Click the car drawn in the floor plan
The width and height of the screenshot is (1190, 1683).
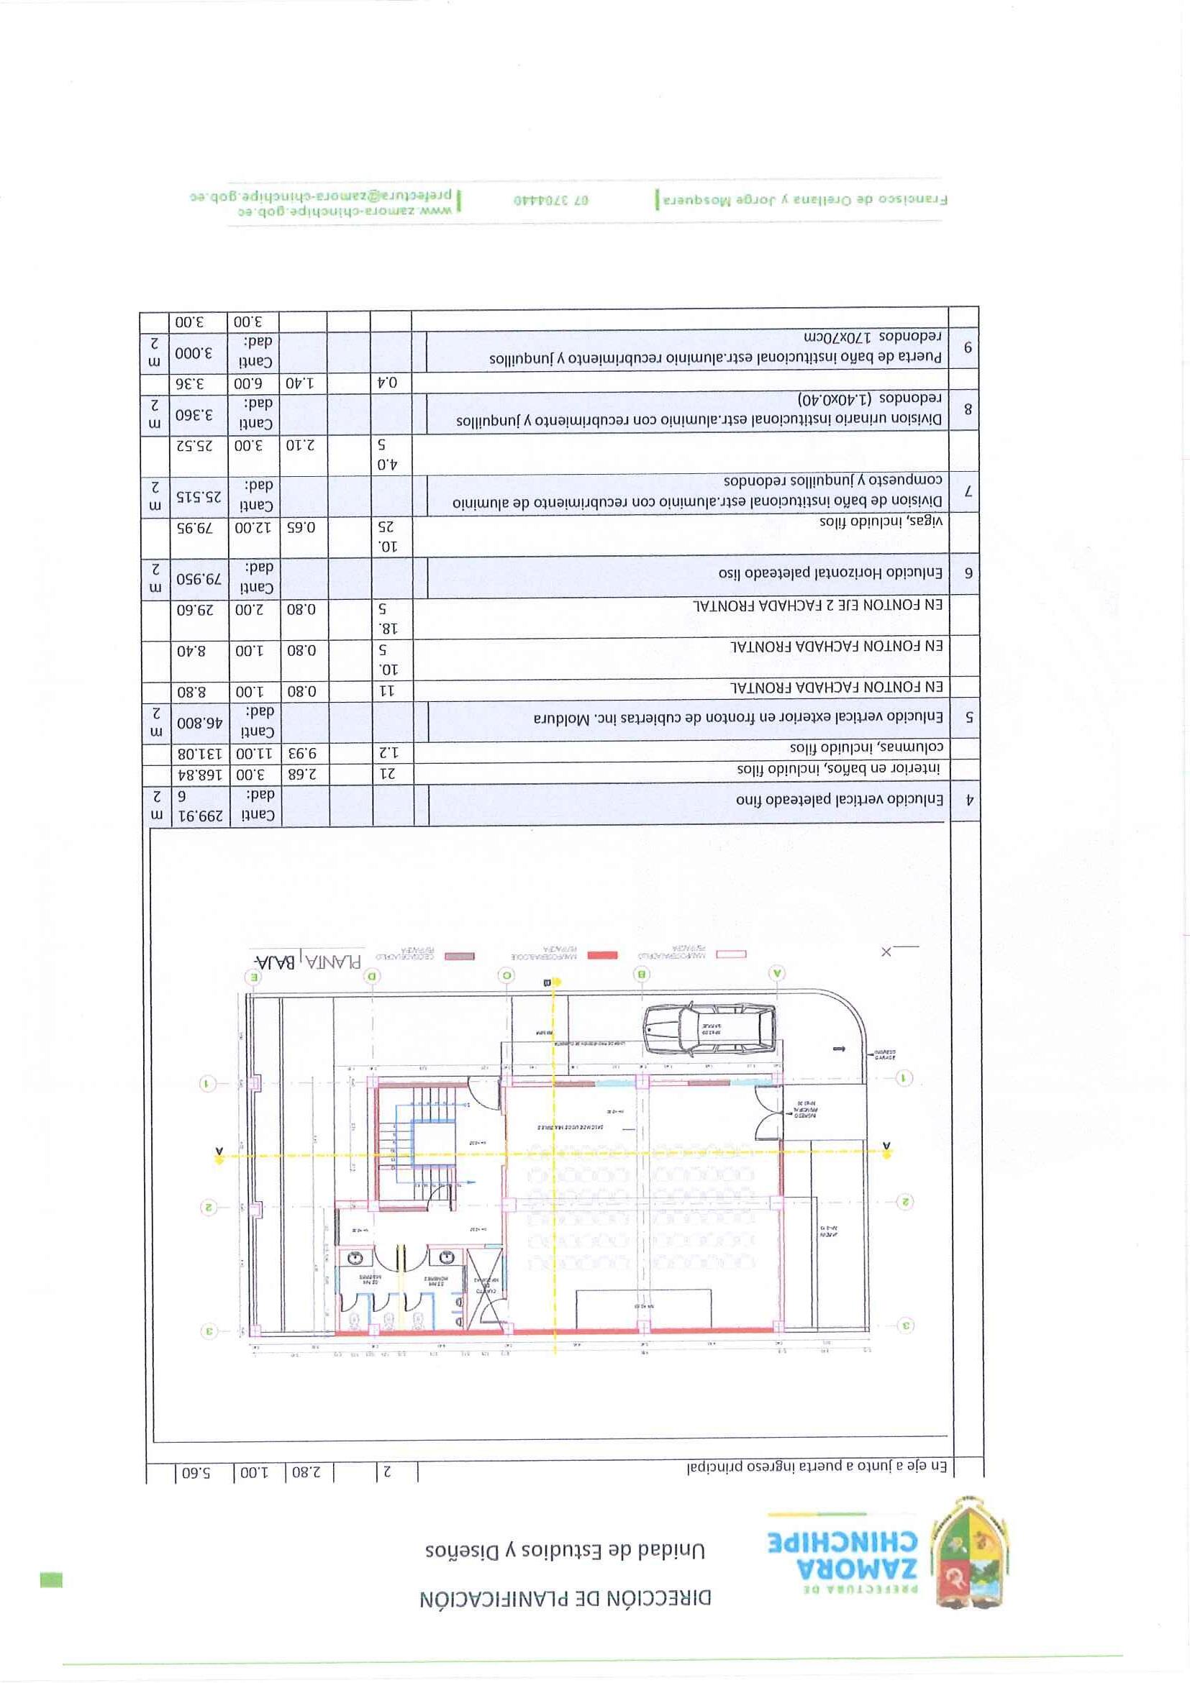pos(708,1030)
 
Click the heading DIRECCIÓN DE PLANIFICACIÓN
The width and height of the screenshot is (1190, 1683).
pos(566,1599)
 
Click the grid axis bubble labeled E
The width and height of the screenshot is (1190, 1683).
pos(255,977)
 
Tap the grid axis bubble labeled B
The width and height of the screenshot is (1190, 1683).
pos(642,974)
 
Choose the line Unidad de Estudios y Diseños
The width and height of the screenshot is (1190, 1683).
pos(565,1549)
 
